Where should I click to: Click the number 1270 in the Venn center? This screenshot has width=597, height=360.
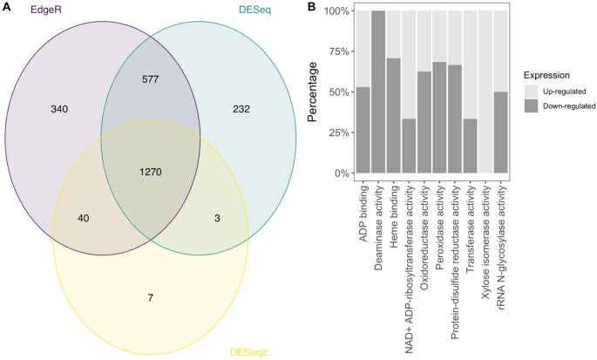click(151, 172)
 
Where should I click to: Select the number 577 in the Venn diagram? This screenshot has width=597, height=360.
click(151, 79)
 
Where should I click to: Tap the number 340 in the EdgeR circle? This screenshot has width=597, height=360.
click(59, 109)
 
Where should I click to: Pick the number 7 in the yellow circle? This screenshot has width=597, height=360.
click(150, 298)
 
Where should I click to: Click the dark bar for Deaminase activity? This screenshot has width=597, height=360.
click(377, 92)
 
